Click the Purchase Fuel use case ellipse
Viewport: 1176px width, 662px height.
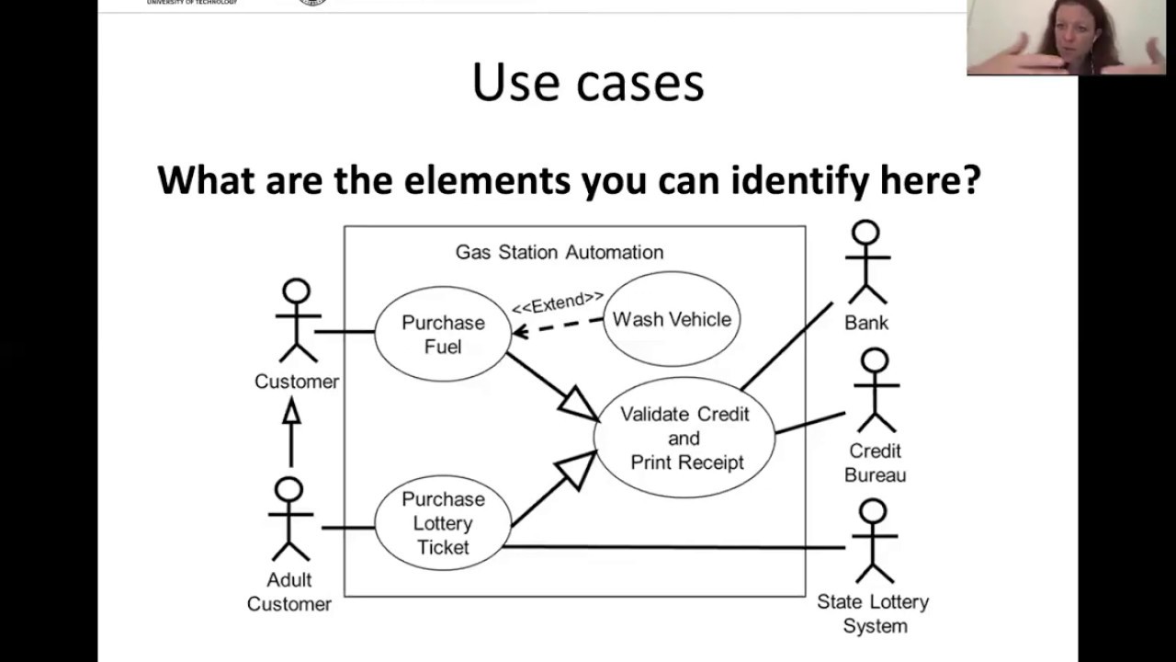443,334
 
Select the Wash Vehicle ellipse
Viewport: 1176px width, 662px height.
672,319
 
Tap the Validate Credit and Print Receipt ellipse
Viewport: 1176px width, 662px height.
684,438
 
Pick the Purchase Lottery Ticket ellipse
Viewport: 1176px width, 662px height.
443,523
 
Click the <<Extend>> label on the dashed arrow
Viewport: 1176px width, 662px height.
558,302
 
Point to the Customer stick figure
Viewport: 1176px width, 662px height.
296,321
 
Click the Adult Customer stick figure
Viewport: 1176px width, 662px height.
289,519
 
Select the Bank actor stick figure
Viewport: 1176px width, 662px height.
865,262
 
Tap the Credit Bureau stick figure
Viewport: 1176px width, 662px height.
875,390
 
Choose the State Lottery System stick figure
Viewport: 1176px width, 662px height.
872,541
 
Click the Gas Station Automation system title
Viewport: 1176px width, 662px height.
559,252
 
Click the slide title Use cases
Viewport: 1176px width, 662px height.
588,83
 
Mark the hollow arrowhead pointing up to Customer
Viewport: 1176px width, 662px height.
291,411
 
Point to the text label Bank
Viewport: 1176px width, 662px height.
866,323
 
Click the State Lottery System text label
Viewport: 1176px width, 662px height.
873,613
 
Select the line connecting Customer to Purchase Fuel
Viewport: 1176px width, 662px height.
345,331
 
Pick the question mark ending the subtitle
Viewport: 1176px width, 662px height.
971,179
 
